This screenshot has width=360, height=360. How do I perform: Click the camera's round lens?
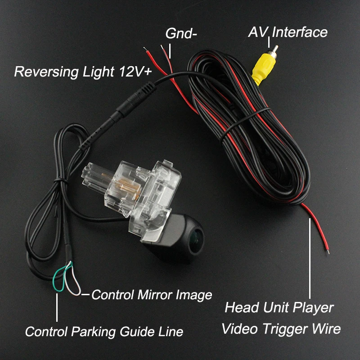196,239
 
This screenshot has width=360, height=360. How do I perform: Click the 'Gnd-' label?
181,33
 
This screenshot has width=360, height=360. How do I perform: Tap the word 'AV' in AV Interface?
258,32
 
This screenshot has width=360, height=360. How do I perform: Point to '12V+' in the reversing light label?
135,71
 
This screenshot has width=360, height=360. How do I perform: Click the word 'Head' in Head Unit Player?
242,307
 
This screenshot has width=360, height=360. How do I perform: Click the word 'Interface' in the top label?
300,32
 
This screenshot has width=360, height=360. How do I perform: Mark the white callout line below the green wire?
57,308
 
